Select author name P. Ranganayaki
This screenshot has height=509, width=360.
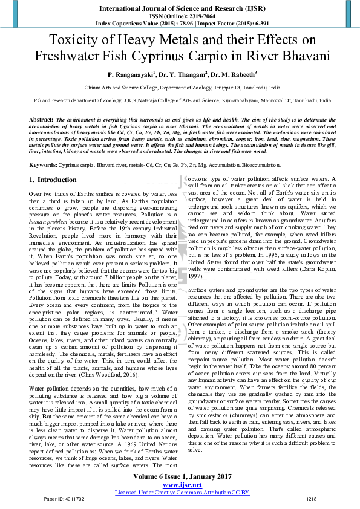(x=131, y=75)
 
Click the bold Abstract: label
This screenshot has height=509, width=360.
(x=41, y=120)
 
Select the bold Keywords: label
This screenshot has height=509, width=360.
(x=44, y=164)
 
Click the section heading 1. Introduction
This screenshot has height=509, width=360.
(x=53, y=180)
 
